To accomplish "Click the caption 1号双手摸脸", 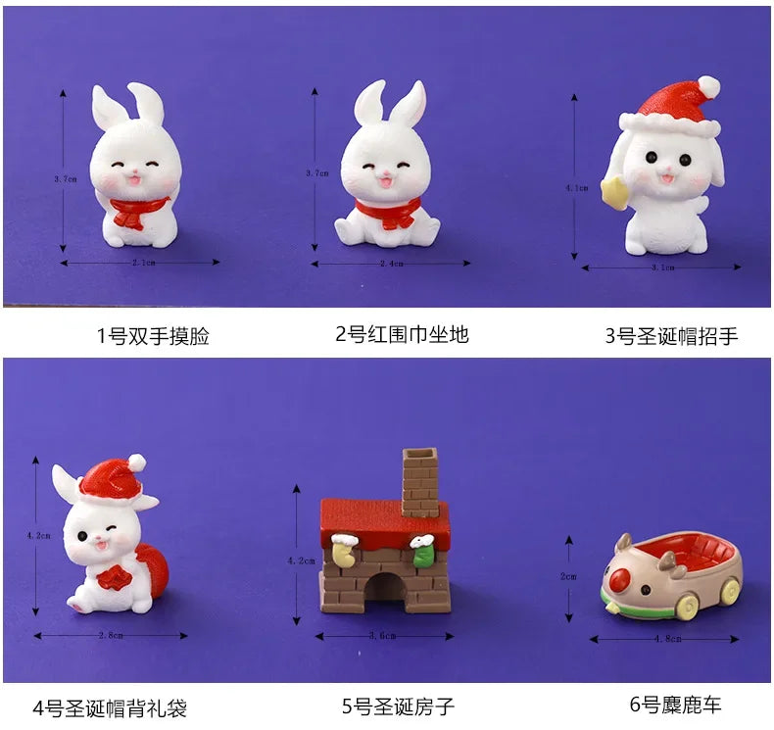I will tap(153, 337).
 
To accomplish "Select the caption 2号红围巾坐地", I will tap(402, 334).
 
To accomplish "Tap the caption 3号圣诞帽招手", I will tap(671, 337).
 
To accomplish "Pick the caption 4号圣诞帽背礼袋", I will tap(110, 706).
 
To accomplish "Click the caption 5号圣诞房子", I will tap(398, 706).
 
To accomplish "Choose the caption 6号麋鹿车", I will tap(675, 704).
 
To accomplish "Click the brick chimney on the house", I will tap(421, 480).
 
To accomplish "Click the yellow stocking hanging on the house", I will tap(344, 555).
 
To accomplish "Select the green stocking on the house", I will tap(423, 553).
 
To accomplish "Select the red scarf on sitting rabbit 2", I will tap(387, 212).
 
